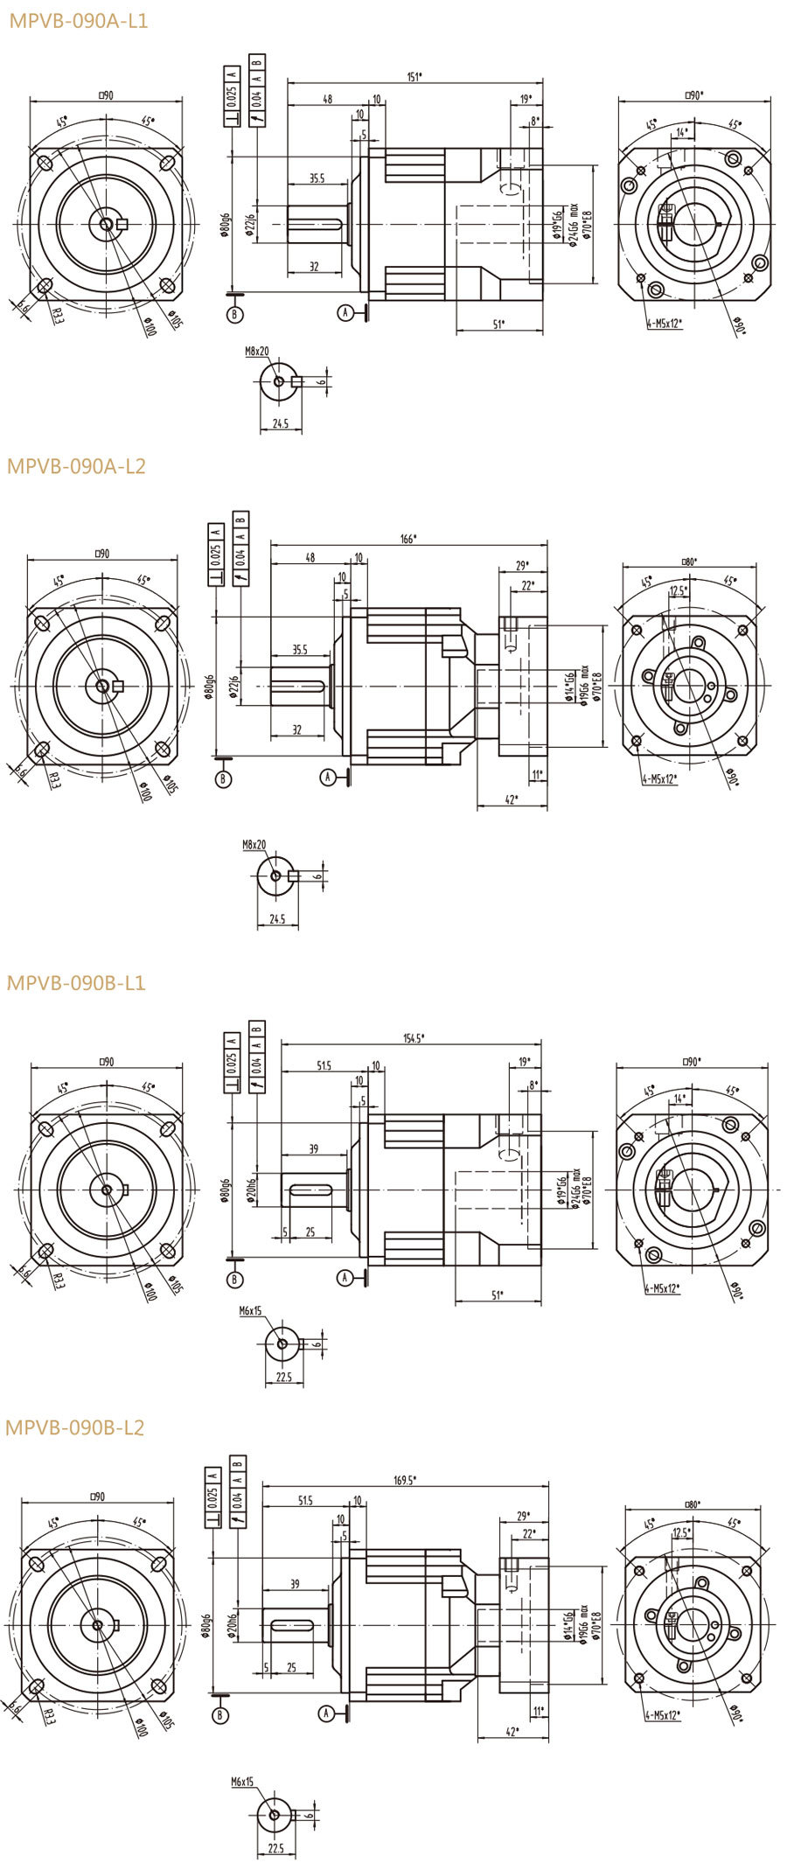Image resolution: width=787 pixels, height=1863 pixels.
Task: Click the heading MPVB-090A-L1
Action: click(78, 20)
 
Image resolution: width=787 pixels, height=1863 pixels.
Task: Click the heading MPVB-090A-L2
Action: click(76, 466)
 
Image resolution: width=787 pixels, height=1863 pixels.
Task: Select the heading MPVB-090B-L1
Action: click(76, 982)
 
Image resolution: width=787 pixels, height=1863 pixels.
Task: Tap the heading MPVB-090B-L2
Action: click(75, 1427)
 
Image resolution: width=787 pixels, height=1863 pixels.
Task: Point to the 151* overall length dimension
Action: click(414, 77)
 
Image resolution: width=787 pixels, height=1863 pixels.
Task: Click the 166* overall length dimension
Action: click(407, 539)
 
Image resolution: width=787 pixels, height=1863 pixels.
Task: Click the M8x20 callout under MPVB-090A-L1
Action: click(257, 351)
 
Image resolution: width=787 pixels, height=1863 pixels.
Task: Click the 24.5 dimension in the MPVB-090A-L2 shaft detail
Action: click(277, 919)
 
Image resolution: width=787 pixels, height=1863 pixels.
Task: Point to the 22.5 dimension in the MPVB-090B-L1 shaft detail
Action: click(284, 1376)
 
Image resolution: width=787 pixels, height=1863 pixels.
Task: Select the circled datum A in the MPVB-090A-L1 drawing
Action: click(346, 312)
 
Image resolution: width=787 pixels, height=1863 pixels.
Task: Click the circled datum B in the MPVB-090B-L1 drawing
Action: click(234, 1280)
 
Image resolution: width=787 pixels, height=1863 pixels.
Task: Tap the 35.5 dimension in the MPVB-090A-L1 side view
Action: click(317, 179)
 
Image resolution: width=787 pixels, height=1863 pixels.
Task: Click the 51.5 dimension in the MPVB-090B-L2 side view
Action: click(305, 1500)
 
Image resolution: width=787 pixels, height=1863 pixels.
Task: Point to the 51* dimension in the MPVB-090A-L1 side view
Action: click(498, 324)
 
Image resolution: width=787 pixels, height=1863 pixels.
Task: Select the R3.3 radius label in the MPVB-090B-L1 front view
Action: click(58, 1281)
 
